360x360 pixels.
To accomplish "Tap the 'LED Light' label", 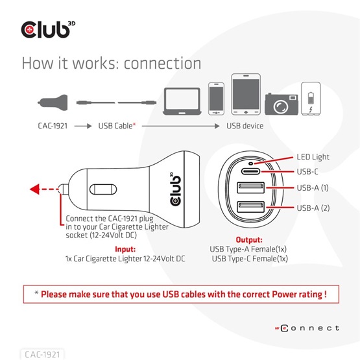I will (313, 157).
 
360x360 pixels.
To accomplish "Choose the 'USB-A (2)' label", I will (314, 208).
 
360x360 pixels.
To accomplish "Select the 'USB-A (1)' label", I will (314, 189).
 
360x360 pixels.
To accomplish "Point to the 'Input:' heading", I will (125, 249).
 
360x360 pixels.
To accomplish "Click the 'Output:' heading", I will (248, 239).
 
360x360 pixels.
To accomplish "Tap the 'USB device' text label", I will (245, 126).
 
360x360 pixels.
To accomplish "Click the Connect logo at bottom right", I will (309, 328).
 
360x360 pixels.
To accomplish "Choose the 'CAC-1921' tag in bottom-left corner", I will (43, 354).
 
